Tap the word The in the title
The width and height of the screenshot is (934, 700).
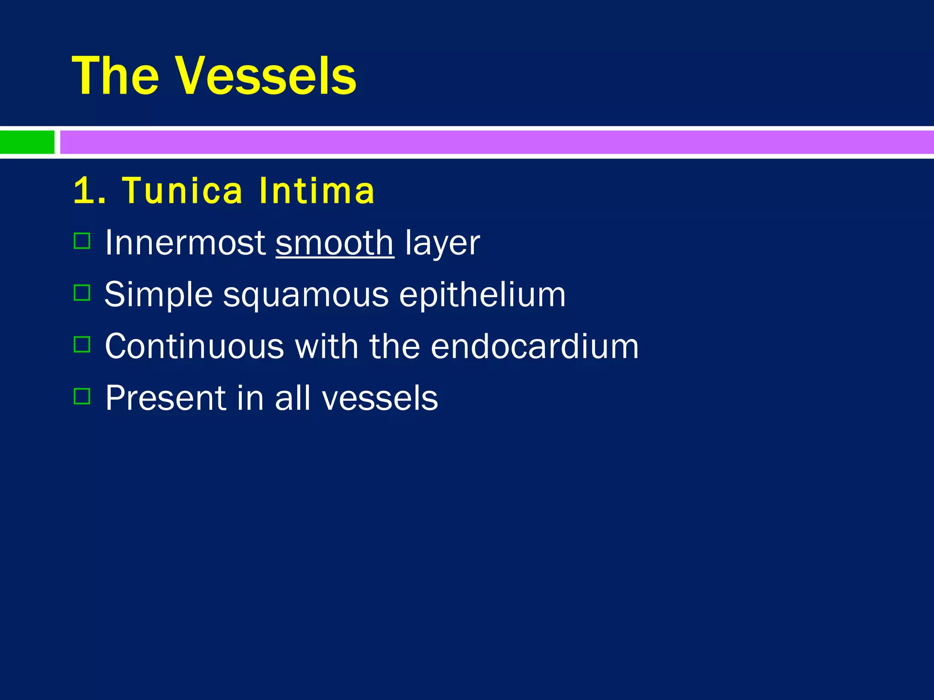pos(115,77)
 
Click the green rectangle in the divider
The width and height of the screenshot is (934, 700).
pos(27,142)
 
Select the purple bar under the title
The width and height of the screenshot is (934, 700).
pos(496,142)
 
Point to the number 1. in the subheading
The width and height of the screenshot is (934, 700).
pos(89,191)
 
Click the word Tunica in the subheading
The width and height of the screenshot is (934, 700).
pos(182,191)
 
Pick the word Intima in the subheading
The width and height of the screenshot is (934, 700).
pos(317,191)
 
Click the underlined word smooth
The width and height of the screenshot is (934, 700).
pos(334,243)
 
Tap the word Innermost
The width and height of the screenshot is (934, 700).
pos(185,243)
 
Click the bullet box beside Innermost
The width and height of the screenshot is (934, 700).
pos(82,241)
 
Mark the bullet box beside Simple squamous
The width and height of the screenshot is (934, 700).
pos(82,293)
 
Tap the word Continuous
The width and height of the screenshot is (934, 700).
pos(194,347)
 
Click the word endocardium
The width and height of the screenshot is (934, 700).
pos(534,347)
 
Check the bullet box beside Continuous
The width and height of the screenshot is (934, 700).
pos(82,345)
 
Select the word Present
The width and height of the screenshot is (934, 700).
pos(166,398)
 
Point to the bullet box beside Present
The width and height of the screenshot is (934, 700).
pos(82,396)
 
